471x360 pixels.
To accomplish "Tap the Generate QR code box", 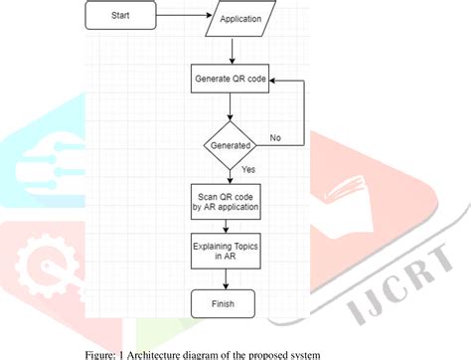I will point(231,78).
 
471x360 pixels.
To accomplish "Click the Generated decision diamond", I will point(231,143).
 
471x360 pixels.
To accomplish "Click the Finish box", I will point(231,301).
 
